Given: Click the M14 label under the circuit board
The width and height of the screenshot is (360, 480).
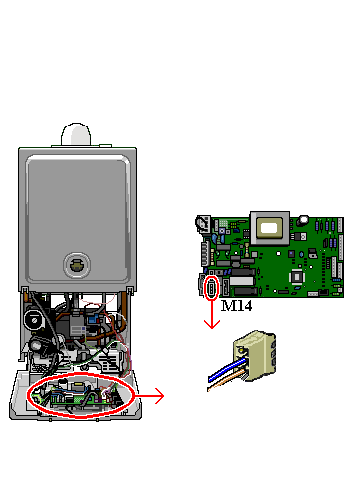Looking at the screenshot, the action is (x=236, y=306).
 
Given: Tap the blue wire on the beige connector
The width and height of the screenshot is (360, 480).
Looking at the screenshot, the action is (x=227, y=369).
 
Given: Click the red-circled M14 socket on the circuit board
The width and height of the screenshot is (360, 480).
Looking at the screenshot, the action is (x=212, y=288).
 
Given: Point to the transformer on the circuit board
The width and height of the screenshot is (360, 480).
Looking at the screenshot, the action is (x=270, y=228).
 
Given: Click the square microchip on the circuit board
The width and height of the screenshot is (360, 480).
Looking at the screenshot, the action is (x=297, y=277).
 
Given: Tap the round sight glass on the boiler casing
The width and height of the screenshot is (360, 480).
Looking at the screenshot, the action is (x=77, y=265).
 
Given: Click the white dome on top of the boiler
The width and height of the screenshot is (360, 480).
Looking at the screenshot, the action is (x=76, y=134).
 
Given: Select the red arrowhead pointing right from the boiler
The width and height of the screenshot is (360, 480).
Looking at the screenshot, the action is (x=159, y=396).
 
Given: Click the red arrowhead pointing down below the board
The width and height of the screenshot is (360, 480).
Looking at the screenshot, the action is (x=212, y=325).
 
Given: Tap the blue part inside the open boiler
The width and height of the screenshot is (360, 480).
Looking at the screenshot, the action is (x=93, y=320).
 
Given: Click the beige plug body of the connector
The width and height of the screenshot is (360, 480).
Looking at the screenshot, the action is (x=256, y=355).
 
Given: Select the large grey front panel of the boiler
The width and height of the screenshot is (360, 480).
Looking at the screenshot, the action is (x=78, y=218).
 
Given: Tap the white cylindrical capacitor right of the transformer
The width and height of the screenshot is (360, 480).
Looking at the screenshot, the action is (x=304, y=221).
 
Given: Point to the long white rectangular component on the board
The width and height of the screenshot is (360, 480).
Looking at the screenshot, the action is (x=241, y=281).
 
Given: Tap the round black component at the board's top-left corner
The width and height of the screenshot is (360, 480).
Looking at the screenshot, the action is (x=201, y=223).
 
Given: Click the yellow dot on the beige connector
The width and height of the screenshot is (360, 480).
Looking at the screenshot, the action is (x=241, y=350).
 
